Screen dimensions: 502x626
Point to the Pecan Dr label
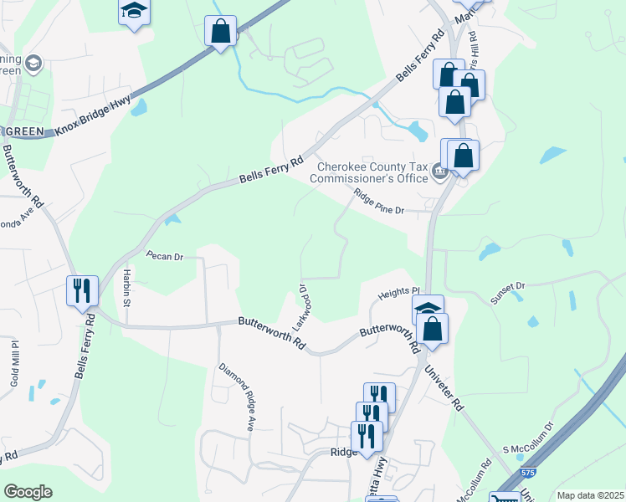click(x=164, y=256)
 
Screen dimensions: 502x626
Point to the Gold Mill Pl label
click(x=14, y=361)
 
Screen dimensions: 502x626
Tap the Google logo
click(x=28, y=492)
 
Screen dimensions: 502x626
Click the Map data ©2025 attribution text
click(x=589, y=495)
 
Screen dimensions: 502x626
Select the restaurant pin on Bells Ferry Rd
click(x=82, y=291)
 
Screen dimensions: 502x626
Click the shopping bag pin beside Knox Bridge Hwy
click(x=220, y=31)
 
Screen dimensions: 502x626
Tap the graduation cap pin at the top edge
click(x=134, y=12)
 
